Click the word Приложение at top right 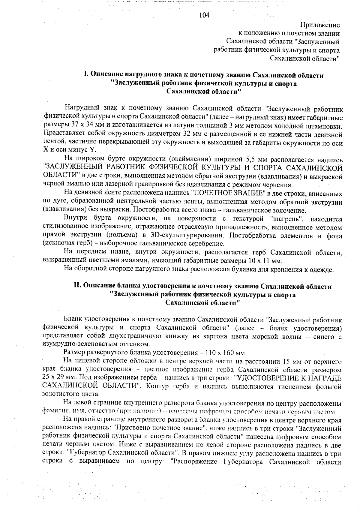tap(320, 25)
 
